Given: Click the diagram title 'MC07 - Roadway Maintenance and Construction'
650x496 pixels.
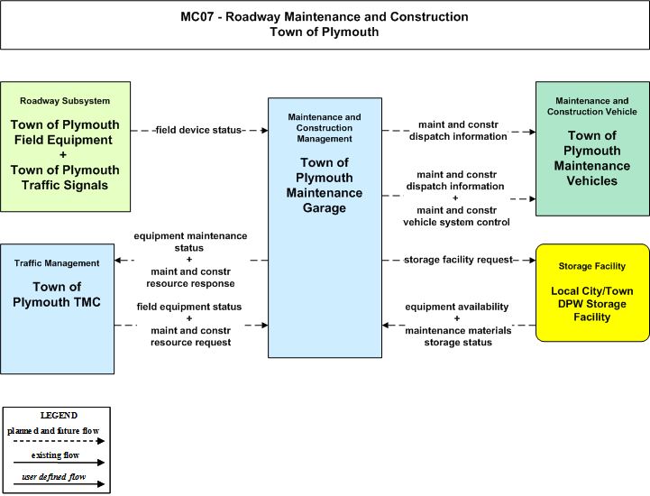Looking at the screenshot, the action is [x=325, y=16].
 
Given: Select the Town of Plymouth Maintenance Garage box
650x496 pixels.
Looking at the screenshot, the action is [x=325, y=227].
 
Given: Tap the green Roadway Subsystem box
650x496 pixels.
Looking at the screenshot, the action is [x=66, y=146].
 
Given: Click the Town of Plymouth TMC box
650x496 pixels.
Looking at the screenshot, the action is [x=57, y=309].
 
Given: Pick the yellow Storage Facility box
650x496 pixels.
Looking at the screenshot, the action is [x=592, y=293].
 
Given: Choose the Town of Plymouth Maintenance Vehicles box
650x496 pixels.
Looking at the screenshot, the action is [x=592, y=149].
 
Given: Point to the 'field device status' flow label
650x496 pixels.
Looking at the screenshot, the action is [x=198, y=130].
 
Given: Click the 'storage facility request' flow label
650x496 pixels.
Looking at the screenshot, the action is [x=459, y=260].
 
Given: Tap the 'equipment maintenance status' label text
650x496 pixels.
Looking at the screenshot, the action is [x=190, y=242].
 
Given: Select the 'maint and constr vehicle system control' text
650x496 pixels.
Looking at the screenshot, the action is [x=456, y=216].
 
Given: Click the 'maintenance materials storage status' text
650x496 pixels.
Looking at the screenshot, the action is [x=458, y=336].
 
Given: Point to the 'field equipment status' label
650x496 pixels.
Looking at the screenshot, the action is [x=189, y=307].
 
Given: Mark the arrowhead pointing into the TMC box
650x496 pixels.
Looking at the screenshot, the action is [x=118, y=260].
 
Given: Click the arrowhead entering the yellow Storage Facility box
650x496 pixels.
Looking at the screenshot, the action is [x=532, y=260].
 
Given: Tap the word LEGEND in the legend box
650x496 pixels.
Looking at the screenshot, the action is [x=59, y=416].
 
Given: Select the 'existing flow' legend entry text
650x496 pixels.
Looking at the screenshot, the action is [x=55, y=455].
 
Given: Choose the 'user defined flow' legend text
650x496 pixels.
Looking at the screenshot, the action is [x=54, y=477].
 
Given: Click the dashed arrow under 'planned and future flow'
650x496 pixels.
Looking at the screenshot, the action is [x=59, y=441].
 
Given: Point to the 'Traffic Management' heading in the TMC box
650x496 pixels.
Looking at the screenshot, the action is [x=57, y=263].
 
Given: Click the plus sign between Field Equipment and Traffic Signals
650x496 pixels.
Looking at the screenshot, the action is [x=63, y=155].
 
